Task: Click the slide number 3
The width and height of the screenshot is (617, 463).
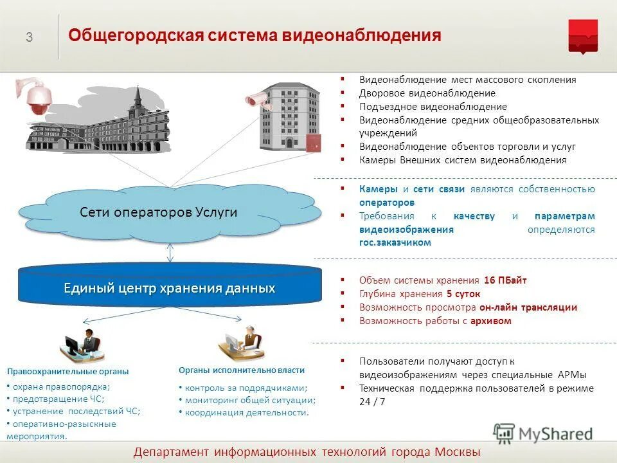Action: [x=30, y=37]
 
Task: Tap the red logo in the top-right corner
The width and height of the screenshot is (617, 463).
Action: [x=582, y=36]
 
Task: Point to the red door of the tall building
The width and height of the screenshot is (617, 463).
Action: [x=313, y=143]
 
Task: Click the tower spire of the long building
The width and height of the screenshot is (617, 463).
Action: [x=136, y=96]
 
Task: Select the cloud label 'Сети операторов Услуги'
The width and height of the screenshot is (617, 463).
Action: [x=158, y=212]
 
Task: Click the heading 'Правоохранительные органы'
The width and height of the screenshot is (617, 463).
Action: [x=67, y=372]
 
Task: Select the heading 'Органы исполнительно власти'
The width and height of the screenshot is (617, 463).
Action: [x=242, y=370]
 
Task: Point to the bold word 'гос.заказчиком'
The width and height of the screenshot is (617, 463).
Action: [x=395, y=243]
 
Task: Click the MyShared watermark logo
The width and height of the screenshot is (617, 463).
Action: [x=543, y=433]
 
